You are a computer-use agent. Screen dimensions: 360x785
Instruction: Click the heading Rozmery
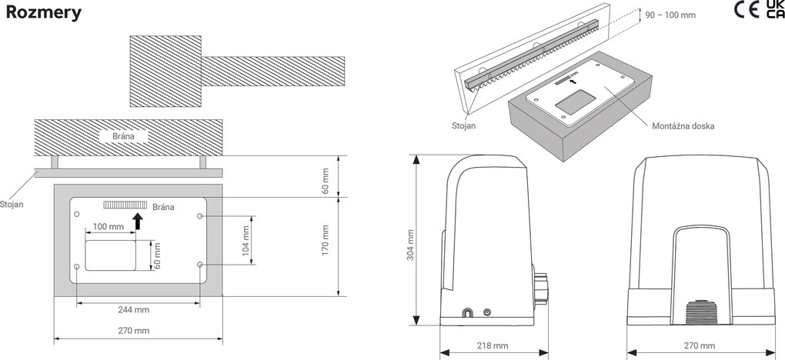point(44,13)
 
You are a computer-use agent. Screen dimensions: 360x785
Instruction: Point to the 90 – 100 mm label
point(671,14)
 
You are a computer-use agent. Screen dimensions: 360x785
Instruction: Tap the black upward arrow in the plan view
point(138,222)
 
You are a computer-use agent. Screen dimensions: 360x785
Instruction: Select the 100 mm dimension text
point(109,228)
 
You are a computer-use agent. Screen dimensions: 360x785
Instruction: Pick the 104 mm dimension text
point(246,241)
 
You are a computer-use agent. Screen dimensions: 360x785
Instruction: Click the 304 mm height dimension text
point(409,245)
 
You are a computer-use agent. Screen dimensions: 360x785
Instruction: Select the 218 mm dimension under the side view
point(493,345)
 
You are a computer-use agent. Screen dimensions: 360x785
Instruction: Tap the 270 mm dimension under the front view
point(699,345)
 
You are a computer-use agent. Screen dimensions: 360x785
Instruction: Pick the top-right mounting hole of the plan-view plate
point(200,217)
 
